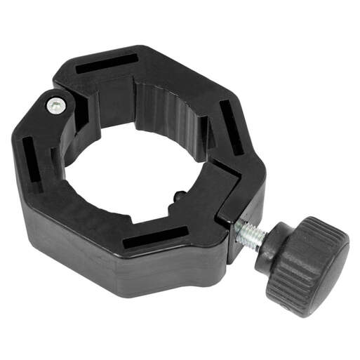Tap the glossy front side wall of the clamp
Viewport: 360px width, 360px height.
coord(105,260)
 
